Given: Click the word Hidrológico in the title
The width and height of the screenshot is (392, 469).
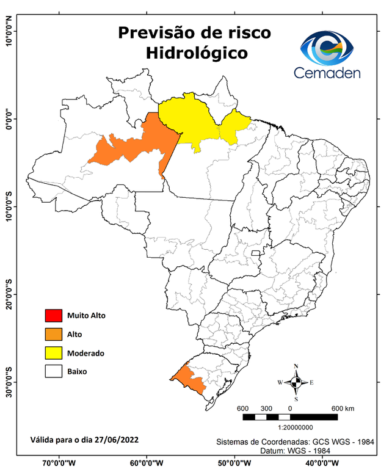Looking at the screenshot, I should [x=197, y=53].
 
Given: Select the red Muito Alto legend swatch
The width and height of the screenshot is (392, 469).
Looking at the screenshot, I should [x=54, y=316].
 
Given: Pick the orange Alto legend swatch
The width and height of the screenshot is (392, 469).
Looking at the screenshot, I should [x=54, y=334].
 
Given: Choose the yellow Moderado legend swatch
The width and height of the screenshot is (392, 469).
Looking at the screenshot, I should [x=54, y=352].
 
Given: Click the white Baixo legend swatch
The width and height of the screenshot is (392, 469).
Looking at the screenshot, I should [x=54, y=371].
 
